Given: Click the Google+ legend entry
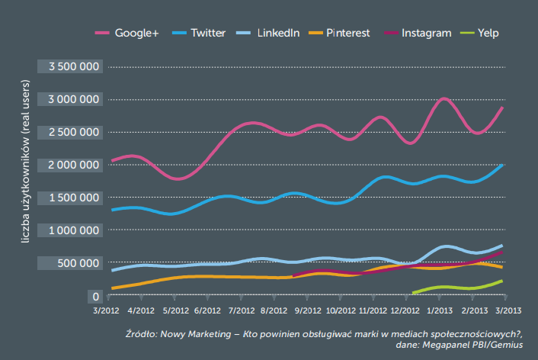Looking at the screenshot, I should (136, 33).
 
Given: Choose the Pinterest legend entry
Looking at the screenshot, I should (347, 33).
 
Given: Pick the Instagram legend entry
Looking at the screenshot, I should (425, 33).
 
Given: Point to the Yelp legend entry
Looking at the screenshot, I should (487, 33).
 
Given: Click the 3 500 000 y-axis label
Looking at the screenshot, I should (74, 67).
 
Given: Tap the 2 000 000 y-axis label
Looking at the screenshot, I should (74, 165).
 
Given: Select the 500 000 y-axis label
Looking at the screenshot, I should (80, 263).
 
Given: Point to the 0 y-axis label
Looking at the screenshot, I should (95, 296).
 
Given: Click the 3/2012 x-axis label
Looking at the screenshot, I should (106, 311).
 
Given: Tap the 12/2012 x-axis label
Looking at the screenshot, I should (405, 311).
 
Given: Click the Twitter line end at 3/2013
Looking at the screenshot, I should (501, 165).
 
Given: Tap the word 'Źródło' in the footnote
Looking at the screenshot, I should (143, 335).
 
